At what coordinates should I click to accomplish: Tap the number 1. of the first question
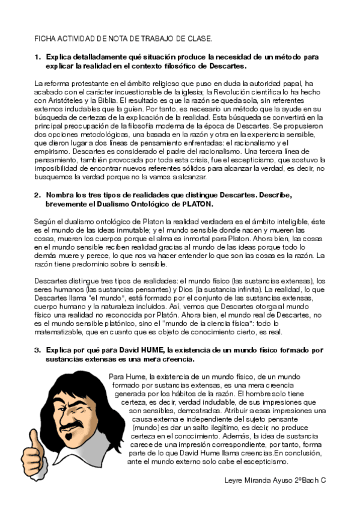coord(37,57)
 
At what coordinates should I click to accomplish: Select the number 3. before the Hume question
coord(37,349)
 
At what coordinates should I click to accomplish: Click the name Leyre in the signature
coord(234,481)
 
